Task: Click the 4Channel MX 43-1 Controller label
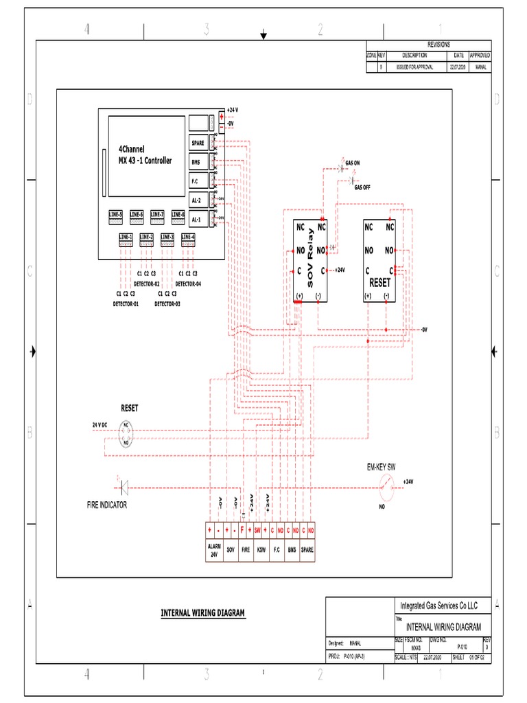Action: coord(145,154)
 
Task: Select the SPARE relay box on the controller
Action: coord(198,143)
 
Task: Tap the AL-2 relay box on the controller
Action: coord(198,200)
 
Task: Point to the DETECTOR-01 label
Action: coord(126,303)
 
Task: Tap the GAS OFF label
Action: coord(362,187)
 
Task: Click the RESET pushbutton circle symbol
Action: coord(126,434)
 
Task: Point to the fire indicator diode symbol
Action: coord(125,488)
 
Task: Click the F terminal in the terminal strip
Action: coord(242,531)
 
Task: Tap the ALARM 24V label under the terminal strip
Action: coord(214,551)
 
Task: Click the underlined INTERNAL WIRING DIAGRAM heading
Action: coord(202,612)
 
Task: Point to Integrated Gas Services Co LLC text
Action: coord(438,606)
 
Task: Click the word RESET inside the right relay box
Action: coord(379,282)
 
